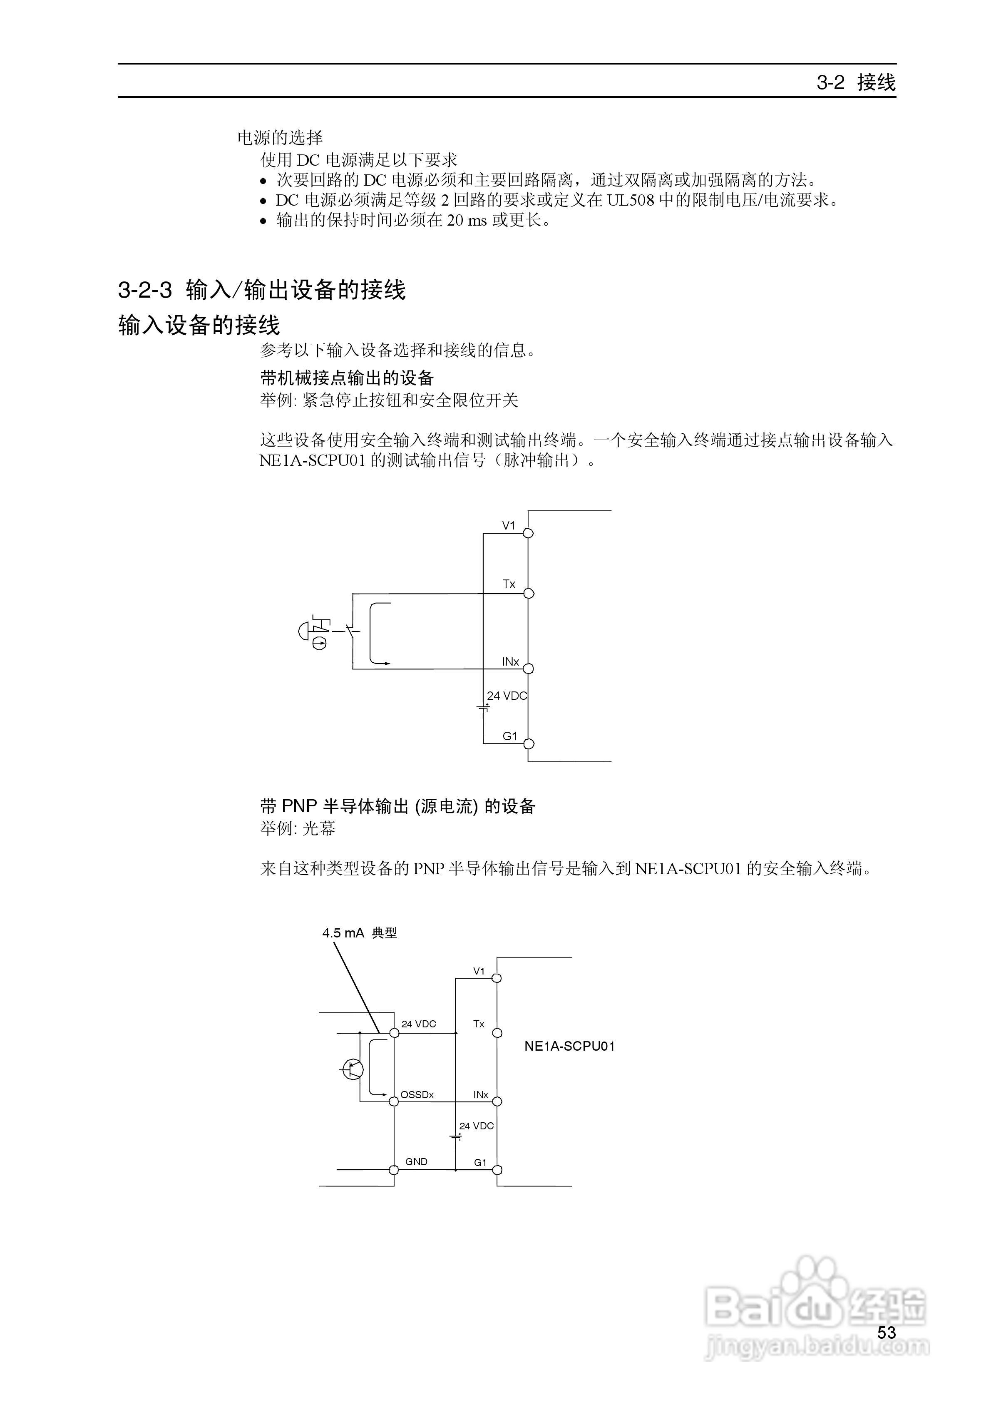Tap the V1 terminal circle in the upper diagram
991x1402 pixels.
click(529, 533)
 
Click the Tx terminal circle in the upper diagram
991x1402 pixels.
click(529, 594)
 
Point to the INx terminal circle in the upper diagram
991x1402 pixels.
click(529, 669)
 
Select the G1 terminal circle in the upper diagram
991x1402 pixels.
click(529, 744)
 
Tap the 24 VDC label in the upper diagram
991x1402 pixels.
click(506, 696)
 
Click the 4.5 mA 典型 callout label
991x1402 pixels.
click(360, 933)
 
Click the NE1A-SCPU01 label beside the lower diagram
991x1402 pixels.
click(569, 1046)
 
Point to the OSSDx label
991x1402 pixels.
click(417, 1095)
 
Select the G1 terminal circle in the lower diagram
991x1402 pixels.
click(497, 1170)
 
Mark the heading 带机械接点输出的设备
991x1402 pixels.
click(346, 378)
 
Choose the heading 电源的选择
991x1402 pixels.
click(280, 138)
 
